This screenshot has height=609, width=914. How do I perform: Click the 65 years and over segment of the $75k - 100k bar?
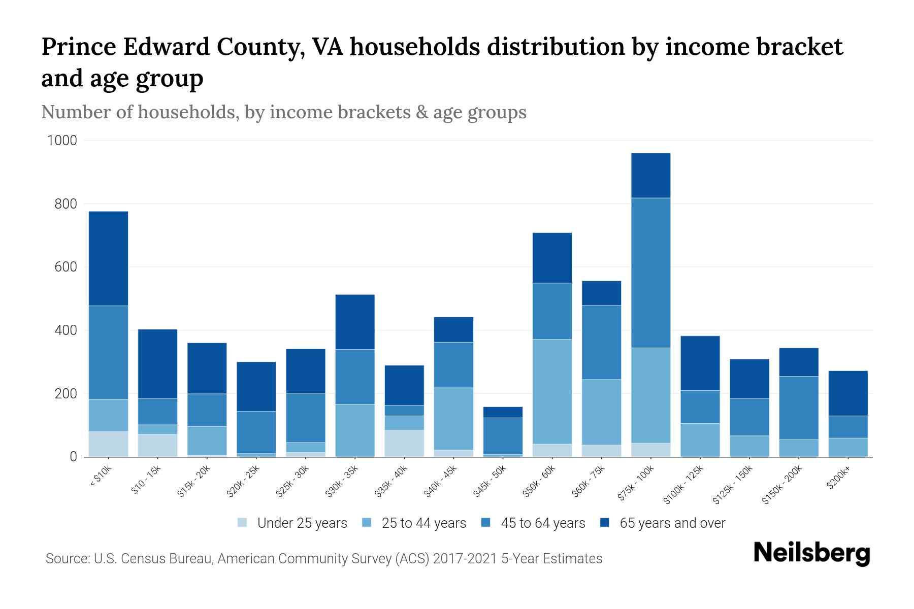(x=650, y=176)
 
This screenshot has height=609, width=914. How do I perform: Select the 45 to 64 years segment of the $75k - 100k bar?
(x=650, y=273)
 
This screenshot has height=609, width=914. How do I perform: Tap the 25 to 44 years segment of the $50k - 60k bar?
(x=552, y=391)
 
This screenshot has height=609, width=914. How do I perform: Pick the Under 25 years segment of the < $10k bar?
(x=108, y=444)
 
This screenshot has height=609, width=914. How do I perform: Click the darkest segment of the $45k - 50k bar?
(x=503, y=412)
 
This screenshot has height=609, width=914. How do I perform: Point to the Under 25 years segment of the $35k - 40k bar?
(x=404, y=443)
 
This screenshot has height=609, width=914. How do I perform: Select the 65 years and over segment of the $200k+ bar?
(x=847, y=393)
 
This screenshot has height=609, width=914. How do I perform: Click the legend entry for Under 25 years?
(x=302, y=523)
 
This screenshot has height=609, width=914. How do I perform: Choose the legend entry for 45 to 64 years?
(x=542, y=523)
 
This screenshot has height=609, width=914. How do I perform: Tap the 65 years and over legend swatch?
(x=604, y=523)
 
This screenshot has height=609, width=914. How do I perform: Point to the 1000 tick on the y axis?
(x=62, y=141)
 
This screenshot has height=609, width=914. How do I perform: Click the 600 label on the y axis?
(x=66, y=267)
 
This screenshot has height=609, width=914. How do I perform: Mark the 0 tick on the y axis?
(x=73, y=457)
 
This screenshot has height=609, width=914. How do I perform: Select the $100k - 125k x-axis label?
(x=683, y=485)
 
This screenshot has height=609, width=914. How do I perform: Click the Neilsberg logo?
(x=811, y=553)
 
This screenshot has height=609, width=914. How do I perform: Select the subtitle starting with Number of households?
(x=283, y=112)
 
